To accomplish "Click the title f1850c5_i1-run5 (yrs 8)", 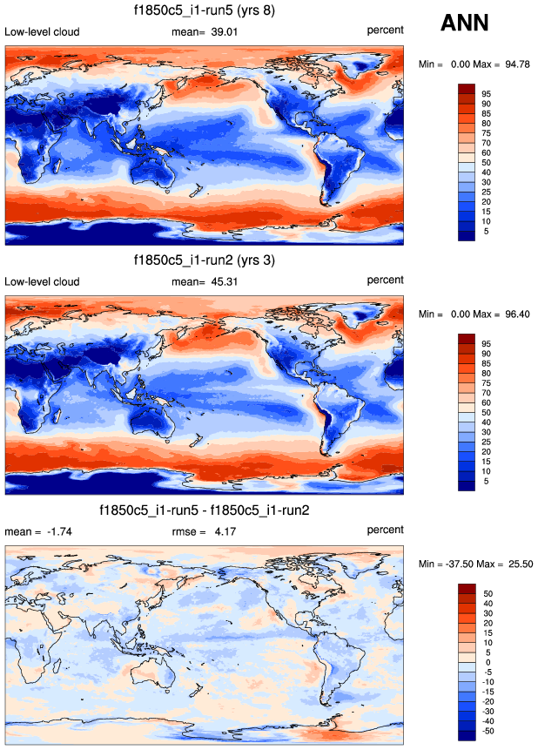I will click(x=205, y=12).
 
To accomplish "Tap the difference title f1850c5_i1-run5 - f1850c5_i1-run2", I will click(x=204, y=510).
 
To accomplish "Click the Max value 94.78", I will click(x=512, y=64).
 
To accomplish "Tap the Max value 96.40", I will click(x=512, y=314).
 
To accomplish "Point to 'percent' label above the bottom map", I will click(x=385, y=530).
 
